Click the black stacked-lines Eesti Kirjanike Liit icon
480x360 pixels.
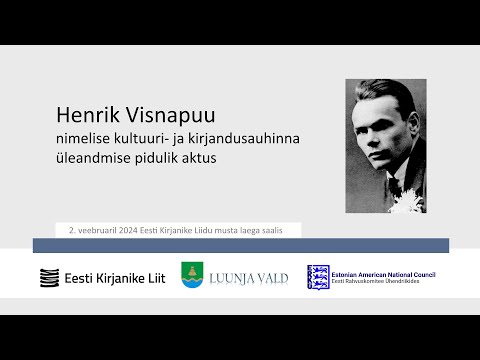tap(48, 277)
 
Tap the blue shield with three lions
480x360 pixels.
tap(317, 277)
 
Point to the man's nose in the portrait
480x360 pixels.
tap(383, 143)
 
